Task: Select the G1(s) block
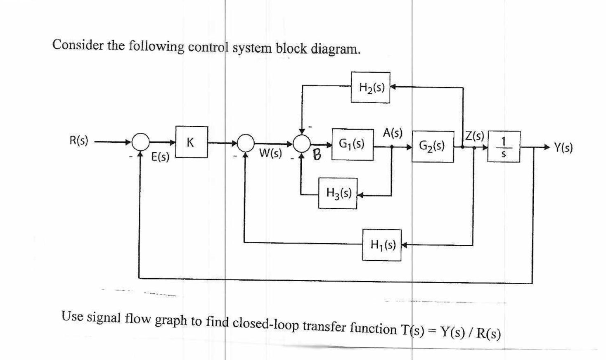(x=352, y=144)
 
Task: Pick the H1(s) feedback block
(x=382, y=245)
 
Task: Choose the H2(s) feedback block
(x=371, y=87)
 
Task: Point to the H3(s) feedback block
(x=338, y=193)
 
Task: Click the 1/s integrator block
(x=504, y=147)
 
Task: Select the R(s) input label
(x=78, y=141)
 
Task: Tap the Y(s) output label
(x=563, y=147)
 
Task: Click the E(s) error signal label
(x=160, y=157)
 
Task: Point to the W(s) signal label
(x=270, y=154)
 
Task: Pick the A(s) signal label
(x=392, y=133)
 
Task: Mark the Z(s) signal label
(x=474, y=135)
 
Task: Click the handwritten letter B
(x=317, y=155)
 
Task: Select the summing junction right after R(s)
(x=141, y=142)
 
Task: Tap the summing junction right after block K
(x=246, y=143)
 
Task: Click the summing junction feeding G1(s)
(x=302, y=143)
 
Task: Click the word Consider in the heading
(x=78, y=45)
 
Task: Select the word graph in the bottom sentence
(x=171, y=320)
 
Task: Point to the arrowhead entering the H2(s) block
(x=393, y=87)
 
